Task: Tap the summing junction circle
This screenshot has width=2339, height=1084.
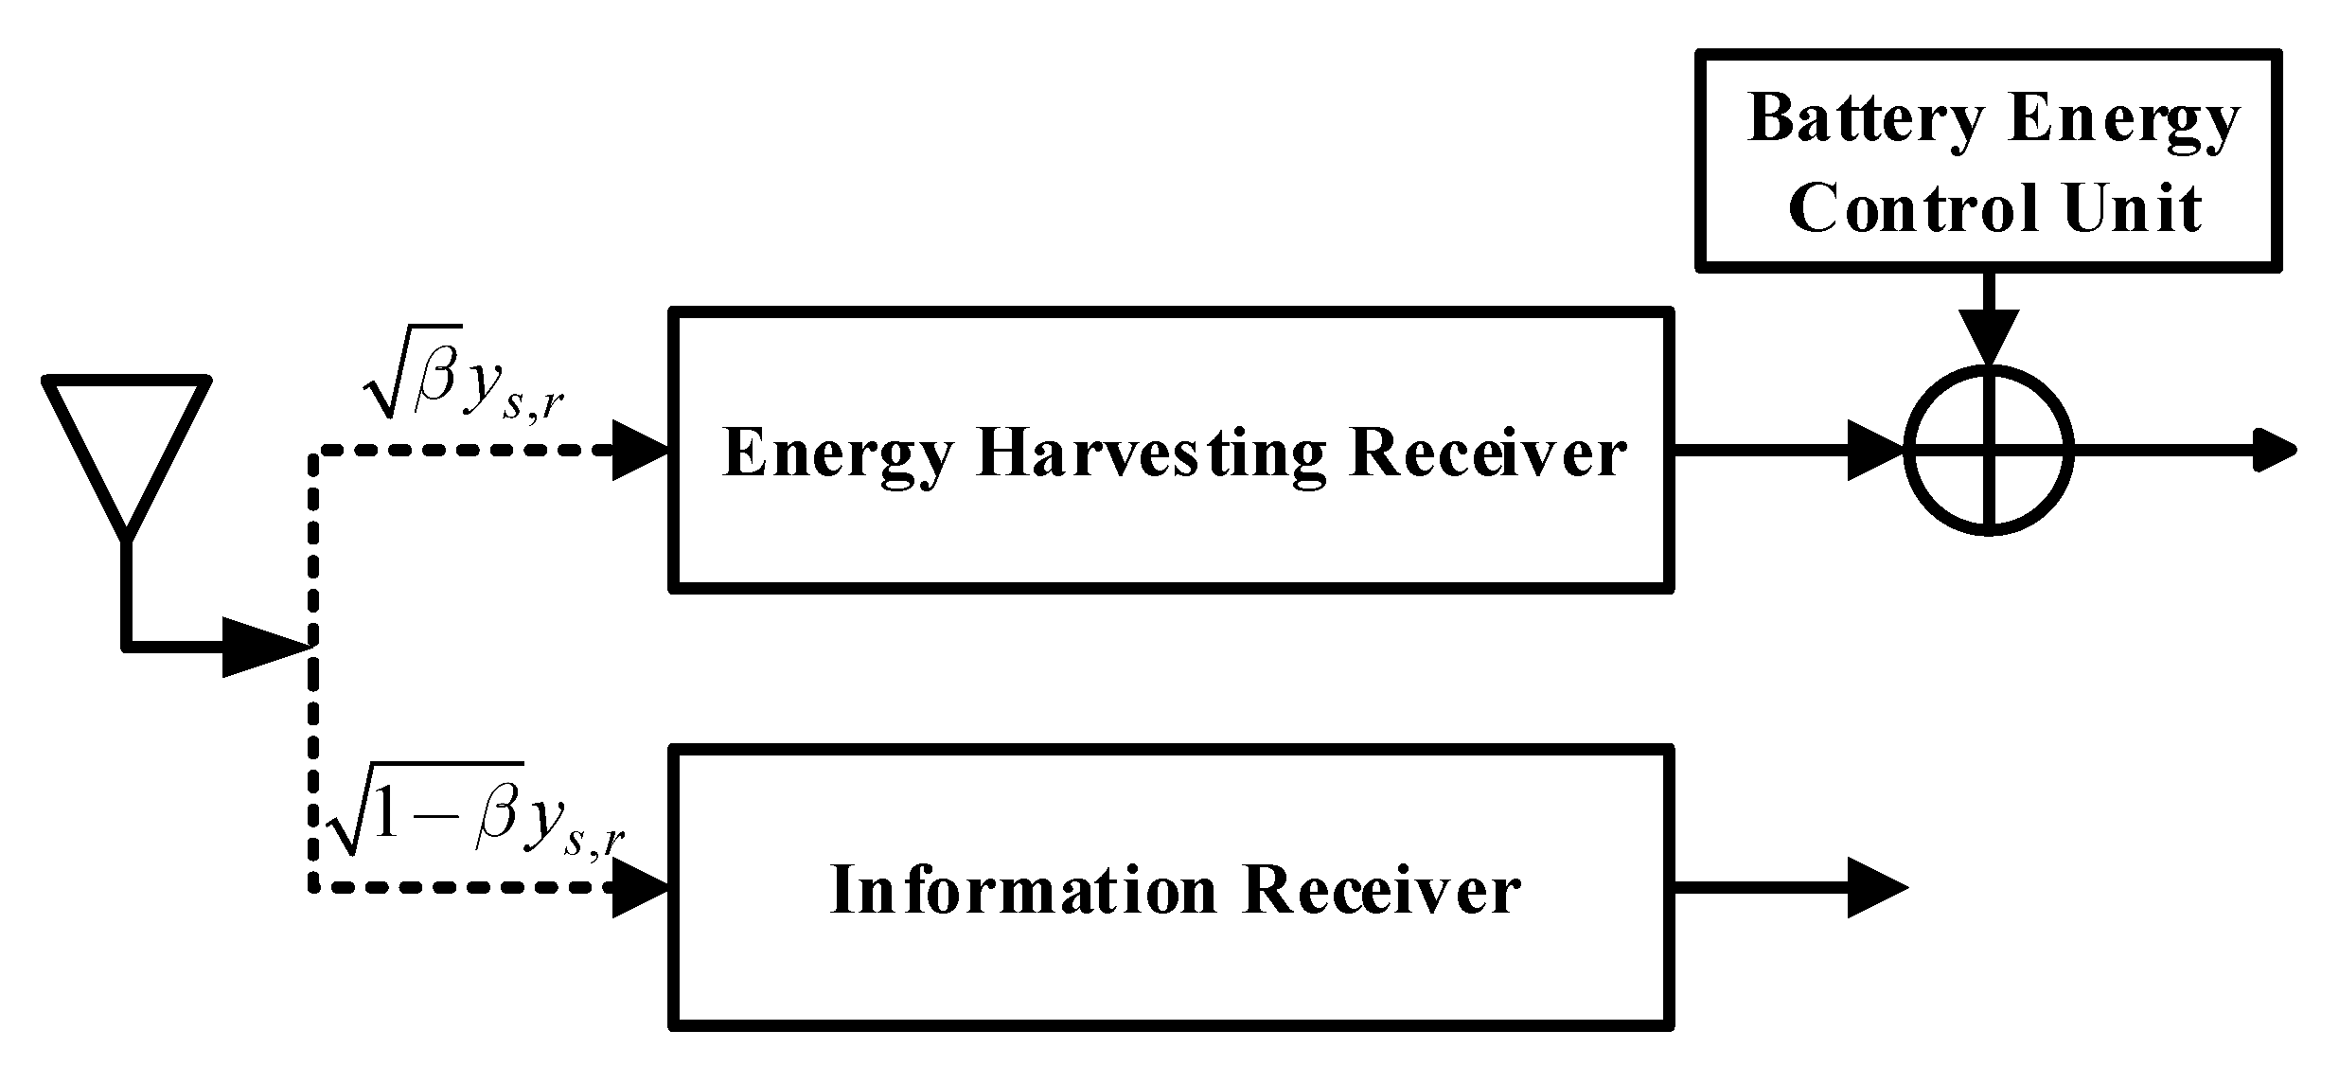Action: [x=1988, y=452]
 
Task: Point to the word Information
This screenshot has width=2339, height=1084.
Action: [x=1022, y=891]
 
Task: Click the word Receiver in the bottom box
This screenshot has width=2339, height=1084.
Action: [x=1381, y=891]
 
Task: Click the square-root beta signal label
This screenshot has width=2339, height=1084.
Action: [x=464, y=385]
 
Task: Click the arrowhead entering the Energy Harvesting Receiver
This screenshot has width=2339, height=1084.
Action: [x=641, y=452]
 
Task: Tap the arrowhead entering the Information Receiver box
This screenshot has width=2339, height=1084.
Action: [x=641, y=888]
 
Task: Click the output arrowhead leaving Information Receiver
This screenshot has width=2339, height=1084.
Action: [x=1876, y=888]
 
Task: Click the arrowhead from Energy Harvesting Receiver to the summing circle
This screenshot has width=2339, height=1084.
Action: [x=1876, y=451]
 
